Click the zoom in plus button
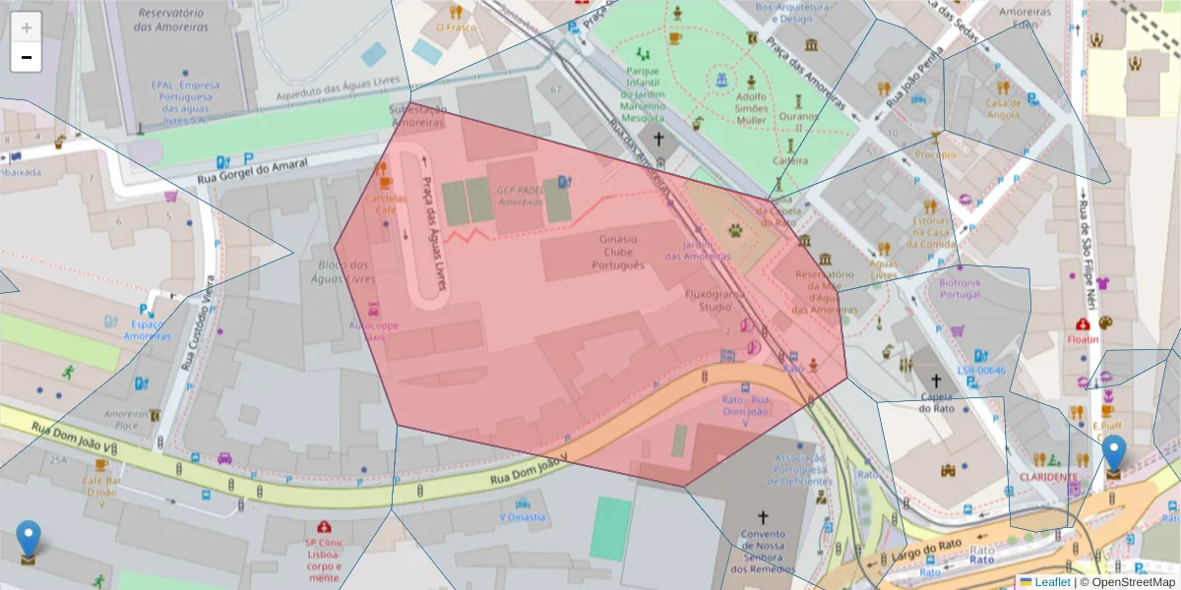point(27,27)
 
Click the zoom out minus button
point(27,57)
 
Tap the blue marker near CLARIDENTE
point(1113,455)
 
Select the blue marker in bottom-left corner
point(29,540)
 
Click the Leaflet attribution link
point(1052,582)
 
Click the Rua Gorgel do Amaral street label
point(252,170)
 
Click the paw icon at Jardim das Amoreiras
point(736,230)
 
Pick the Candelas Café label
point(385,204)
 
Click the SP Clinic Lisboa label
point(324,555)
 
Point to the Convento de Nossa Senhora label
point(763,552)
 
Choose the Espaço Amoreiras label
point(148,329)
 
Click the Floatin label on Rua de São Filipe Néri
point(1083,339)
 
